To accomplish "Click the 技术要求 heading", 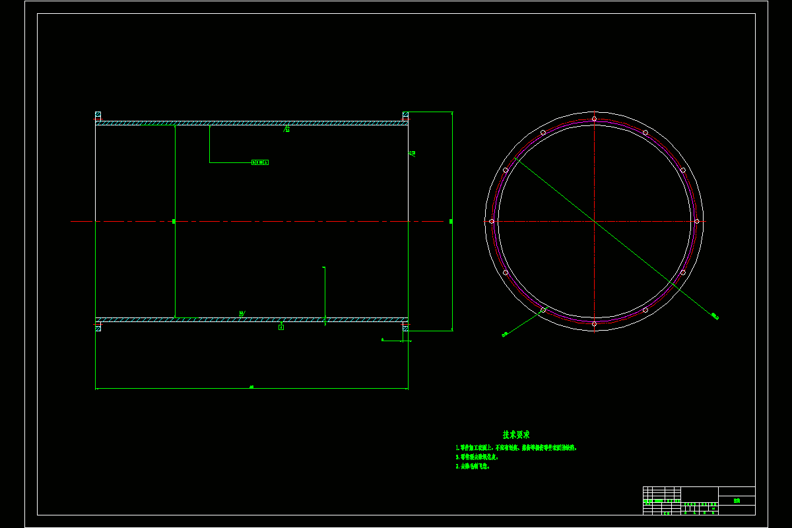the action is [516, 435].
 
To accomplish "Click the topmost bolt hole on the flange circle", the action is [594, 119].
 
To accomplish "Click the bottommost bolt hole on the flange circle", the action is [594, 323].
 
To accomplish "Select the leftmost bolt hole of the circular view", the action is [492, 221].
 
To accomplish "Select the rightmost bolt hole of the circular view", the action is [696, 221].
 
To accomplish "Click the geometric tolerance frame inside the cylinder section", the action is [260, 162].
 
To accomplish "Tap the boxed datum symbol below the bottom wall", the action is [281, 327].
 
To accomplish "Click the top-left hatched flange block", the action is [98, 115].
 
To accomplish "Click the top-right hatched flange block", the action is [406, 115].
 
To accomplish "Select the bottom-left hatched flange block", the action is [98, 327].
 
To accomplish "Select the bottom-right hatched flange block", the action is [406, 327].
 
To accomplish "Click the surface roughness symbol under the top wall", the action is [286, 129].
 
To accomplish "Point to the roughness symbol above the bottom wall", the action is [242, 313].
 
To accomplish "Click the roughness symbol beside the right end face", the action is [412, 153].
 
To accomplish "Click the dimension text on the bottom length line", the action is [251, 387].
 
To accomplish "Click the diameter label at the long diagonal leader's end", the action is [715, 317].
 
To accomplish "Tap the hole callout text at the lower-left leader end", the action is [505, 335].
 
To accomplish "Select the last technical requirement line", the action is [473, 466].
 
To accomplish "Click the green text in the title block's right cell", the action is [737, 501].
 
